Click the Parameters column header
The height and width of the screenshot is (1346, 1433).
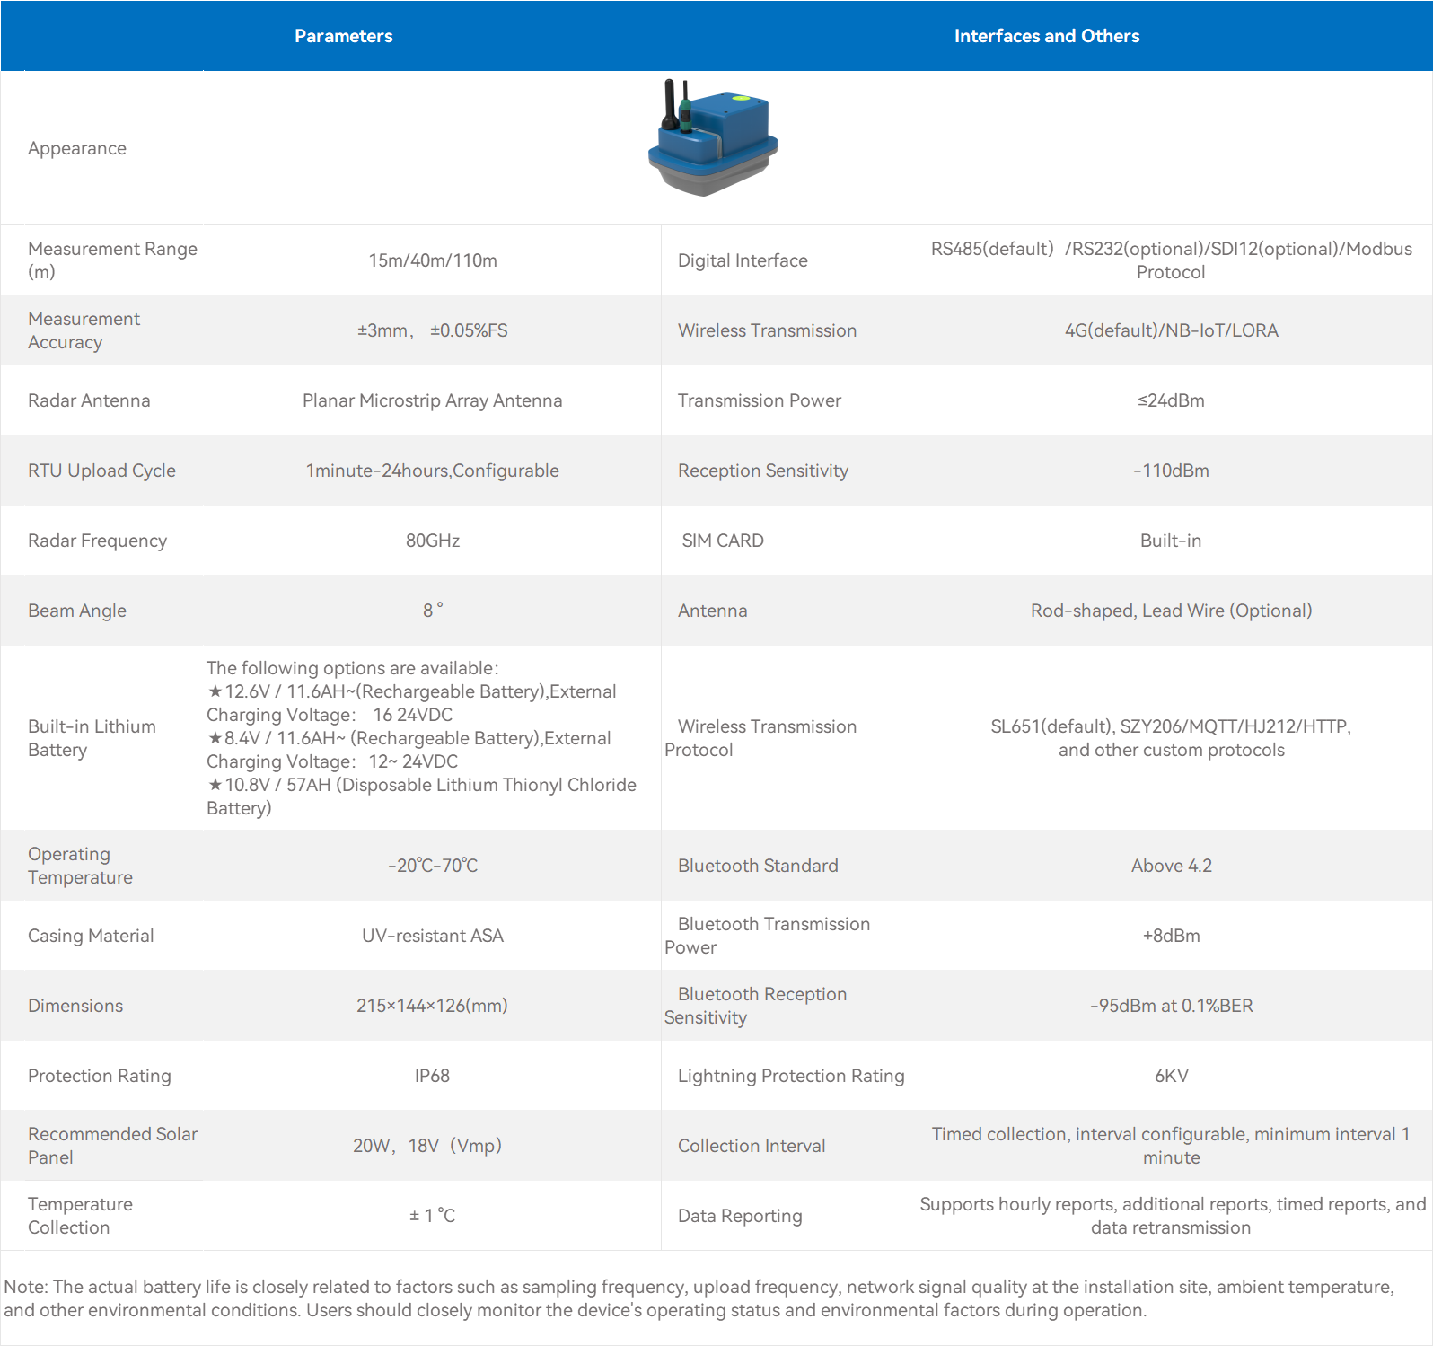pyautogui.click(x=343, y=36)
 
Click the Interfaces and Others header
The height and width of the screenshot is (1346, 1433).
pyautogui.click(x=1046, y=36)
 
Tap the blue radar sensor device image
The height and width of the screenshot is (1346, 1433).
pyautogui.click(x=713, y=138)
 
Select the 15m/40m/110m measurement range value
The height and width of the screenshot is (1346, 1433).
pyautogui.click(x=432, y=260)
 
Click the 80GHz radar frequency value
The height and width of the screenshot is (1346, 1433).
pyautogui.click(x=432, y=541)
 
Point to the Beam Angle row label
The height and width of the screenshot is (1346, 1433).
pyautogui.click(x=77, y=611)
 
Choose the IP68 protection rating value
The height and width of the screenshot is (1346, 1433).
pyautogui.click(x=432, y=1076)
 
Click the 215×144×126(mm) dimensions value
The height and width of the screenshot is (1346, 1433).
pyautogui.click(x=432, y=1006)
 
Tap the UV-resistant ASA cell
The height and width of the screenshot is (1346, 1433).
pyautogui.click(x=432, y=936)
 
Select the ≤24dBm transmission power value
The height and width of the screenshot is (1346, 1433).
pyautogui.click(x=1171, y=400)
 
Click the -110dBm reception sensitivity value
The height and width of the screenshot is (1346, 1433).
pyautogui.click(x=1171, y=471)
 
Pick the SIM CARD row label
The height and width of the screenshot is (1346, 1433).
pyautogui.click(x=723, y=541)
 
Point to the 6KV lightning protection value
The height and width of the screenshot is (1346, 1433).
pyautogui.click(x=1171, y=1076)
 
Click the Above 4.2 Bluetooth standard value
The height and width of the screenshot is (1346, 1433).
pyautogui.click(x=1171, y=866)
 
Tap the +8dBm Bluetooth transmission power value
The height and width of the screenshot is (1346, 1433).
pyautogui.click(x=1171, y=936)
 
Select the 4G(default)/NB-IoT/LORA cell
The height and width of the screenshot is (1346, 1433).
pyautogui.click(x=1171, y=330)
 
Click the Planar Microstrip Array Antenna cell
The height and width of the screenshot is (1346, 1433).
pyautogui.click(x=432, y=400)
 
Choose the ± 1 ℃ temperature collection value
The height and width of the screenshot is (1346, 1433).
pyautogui.click(x=432, y=1216)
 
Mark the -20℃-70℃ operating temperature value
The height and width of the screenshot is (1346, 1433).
pyautogui.click(x=432, y=866)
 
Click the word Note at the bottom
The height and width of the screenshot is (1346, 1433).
pyautogui.click(x=25, y=1287)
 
